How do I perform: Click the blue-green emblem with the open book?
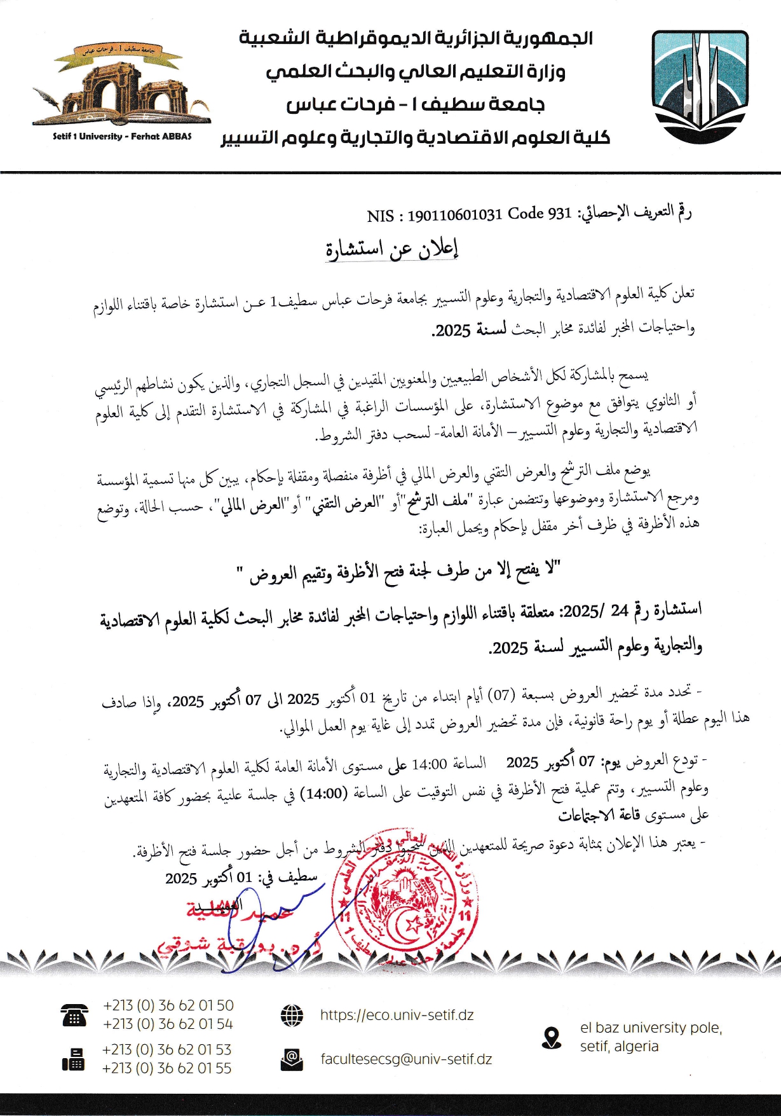tap(700, 86)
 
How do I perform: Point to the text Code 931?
tap(540, 214)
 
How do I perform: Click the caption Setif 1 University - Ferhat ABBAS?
tap(122, 136)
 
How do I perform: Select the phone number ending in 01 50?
tap(168, 1005)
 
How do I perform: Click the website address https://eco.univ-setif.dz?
tap(397, 1015)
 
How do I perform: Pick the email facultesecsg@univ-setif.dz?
tap(406, 1059)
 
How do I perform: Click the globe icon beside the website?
tap(292, 1015)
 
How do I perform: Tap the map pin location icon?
tap(552, 1038)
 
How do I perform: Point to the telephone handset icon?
tap(74, 1015)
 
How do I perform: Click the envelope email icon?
tap(292, 1059)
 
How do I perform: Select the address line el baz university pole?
tap(651, 1028)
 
